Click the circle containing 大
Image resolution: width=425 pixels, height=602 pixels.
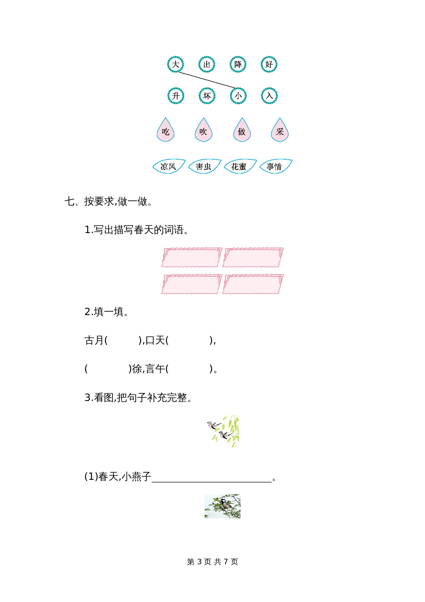tap(175, 64)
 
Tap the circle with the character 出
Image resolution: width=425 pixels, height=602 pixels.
tap(207, 64)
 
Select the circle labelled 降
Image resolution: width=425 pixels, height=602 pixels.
tap(238, 64)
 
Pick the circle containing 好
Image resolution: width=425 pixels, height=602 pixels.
tap(269, 64)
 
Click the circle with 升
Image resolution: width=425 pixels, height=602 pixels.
tap(176, 96)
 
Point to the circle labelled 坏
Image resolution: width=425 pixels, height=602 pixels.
tap(207, 96)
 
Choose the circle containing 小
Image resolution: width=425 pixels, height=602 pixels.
tap(238, 96)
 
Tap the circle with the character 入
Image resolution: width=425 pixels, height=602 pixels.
tap(269, 96)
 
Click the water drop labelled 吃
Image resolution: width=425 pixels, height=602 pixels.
tap(166, 131)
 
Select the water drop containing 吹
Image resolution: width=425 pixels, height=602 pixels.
tap(203, 131)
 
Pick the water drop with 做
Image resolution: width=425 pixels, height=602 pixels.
tap(242, 131)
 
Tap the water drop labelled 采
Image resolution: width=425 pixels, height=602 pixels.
tap(280, 131)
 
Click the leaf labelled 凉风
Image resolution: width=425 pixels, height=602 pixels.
tap(168, 166)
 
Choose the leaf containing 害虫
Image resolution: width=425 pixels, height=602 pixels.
tap(204, 166)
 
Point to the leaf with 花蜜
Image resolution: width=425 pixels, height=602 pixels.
tap(239, 166)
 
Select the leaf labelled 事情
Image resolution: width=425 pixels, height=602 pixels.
tap(275, 166)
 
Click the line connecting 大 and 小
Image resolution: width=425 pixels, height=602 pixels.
tap(207, 80)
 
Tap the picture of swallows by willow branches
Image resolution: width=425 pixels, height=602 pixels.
tap(223, 431)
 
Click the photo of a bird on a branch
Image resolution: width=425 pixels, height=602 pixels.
tap(222, 506)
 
